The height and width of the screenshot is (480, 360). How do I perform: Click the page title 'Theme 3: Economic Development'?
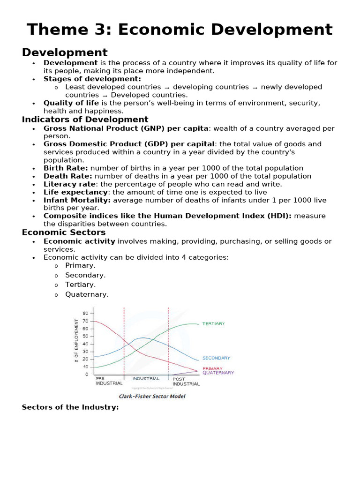[x=180, y=30]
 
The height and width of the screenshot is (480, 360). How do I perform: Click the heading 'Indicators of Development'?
[x=85, y=120]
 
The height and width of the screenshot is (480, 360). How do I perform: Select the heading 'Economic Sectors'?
[x=64, y=232]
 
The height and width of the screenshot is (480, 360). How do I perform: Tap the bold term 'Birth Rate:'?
[x=66, y=168]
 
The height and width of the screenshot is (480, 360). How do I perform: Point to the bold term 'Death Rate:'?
[x=66, y=176]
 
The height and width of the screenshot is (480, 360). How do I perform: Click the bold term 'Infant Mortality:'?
[x=77, y=200]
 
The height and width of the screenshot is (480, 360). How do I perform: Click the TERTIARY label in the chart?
[x=213, y=323]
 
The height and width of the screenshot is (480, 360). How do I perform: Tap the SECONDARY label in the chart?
[x=216, y=358]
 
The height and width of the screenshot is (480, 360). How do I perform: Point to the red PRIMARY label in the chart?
[x=212, y=368]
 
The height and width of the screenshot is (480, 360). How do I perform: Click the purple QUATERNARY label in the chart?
[x=218, y=373]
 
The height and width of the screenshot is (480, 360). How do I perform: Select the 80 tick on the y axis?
[x=85, y=313]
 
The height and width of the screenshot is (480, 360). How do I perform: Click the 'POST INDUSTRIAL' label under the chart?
[x=186, y=381]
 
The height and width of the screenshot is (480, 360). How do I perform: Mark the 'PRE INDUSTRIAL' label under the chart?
[x=109, y=380]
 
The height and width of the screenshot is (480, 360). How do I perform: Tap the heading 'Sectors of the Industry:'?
[x=70, y=407]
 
